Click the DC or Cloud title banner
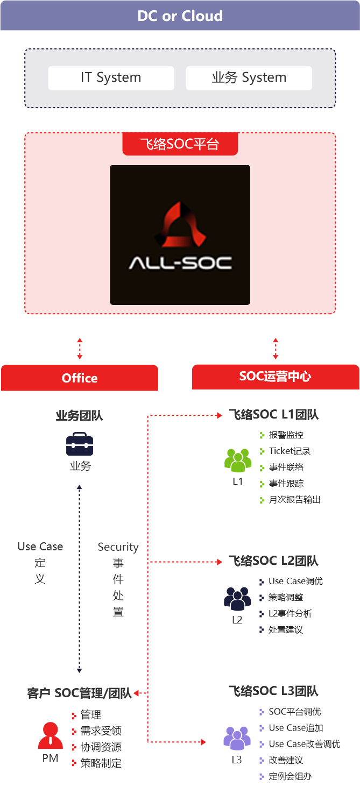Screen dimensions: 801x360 pos(180,16)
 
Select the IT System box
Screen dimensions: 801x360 pos(111,78)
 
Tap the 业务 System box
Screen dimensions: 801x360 pos(249,78)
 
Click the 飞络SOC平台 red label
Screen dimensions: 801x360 pos(180,144)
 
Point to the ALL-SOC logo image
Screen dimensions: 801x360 pos(180,235)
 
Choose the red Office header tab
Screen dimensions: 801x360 pos(80,378)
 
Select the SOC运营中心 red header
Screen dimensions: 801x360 pos(275,377)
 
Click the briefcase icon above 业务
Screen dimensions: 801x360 pos(80,445)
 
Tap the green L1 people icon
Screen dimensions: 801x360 pos(237,460)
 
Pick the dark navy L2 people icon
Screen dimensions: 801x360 pos(237,598)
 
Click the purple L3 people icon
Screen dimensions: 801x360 pos(237,739)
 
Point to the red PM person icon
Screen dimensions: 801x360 pos(51,736)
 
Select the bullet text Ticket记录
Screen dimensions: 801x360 pos(290,451)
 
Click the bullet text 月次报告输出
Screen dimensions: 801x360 pos(294,499)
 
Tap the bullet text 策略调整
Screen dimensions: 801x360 pos(285,597)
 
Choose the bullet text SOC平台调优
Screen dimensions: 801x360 pos(294,711)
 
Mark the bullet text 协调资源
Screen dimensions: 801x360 pos(101,747)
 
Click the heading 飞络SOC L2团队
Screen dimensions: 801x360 pos(273,561)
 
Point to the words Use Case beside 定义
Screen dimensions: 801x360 pos(40,547)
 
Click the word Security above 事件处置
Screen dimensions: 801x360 pos(118,547)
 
